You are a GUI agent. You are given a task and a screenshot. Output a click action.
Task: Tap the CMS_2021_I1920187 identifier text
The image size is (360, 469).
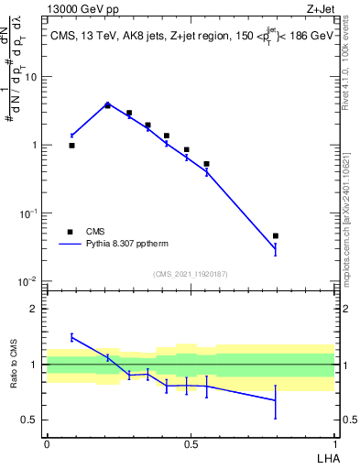click(x=190, y=273)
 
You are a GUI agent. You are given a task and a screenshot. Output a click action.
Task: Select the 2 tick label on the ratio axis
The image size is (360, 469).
click(x=36, y=309)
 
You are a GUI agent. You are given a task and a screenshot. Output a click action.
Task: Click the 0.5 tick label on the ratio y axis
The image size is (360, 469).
click(x=31, y=420)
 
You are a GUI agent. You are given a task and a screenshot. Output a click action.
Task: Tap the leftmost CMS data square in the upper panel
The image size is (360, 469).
click(x=72, y=145)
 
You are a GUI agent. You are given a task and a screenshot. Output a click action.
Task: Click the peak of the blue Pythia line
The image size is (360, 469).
click(x=107, y=104)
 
